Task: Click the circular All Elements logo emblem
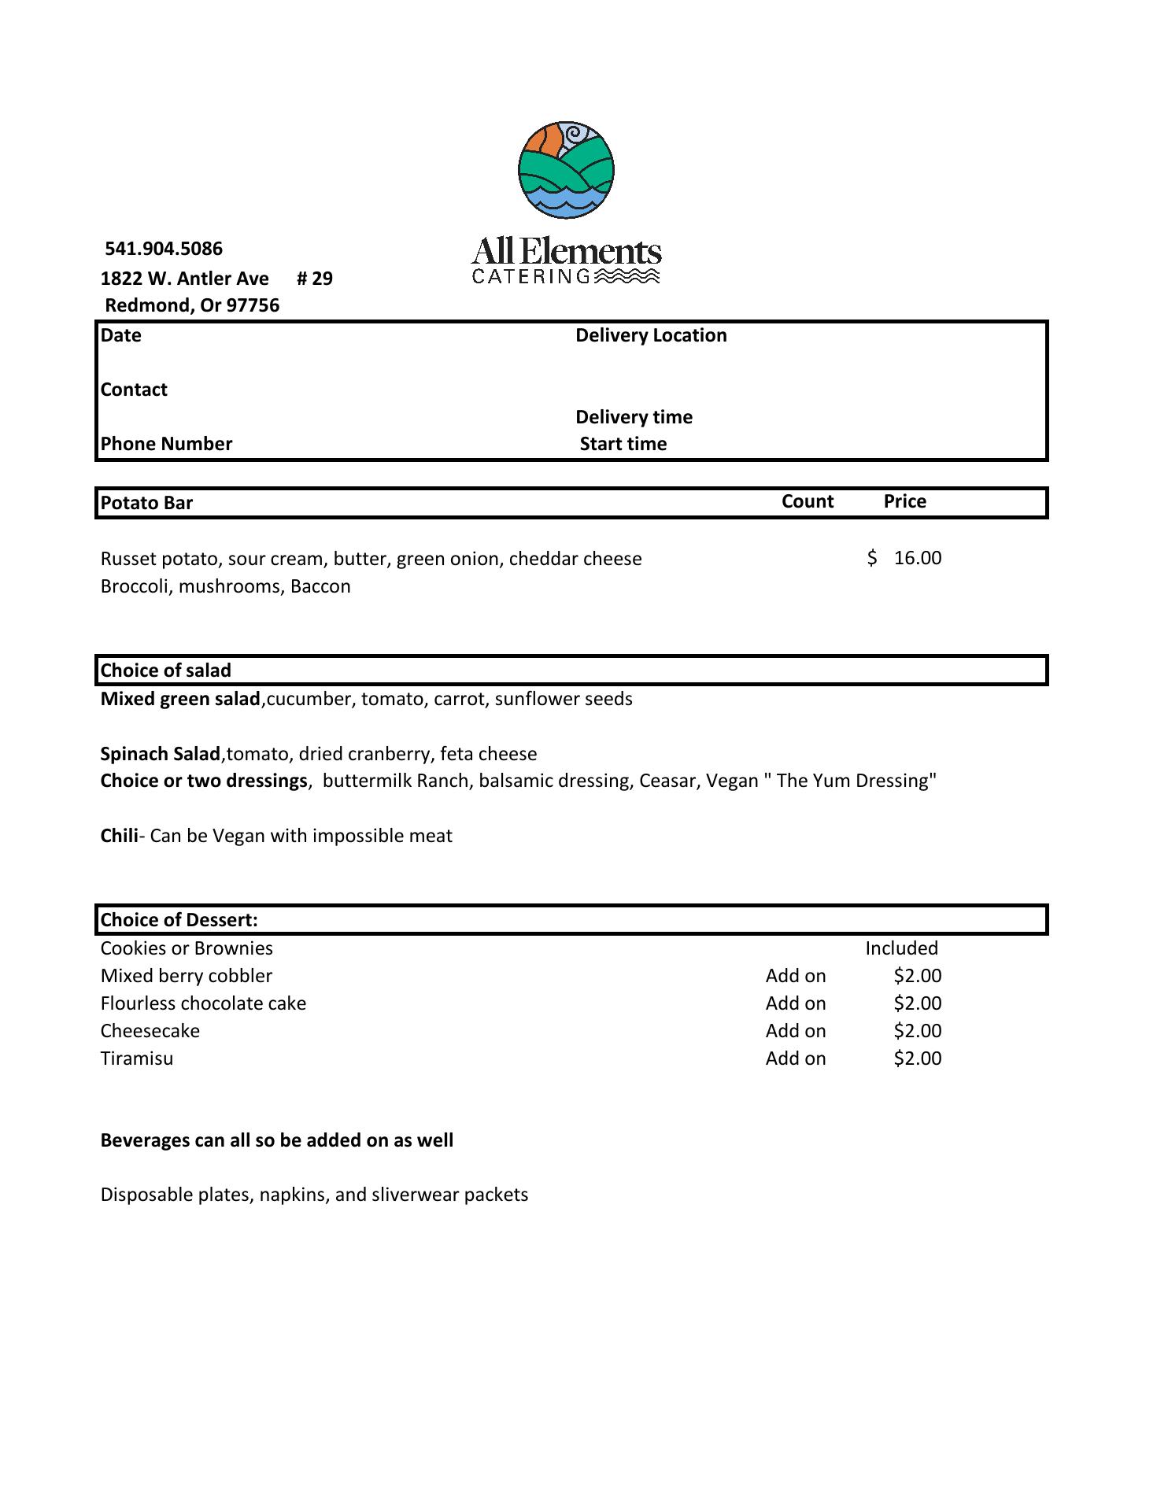[566, 169]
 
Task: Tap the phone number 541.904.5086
[164, 249]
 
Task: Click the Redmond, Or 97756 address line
[192, 305]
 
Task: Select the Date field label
[121, 335]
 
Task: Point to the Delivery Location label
[651, 335]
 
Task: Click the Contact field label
[134, 390]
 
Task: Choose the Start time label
[623, 444]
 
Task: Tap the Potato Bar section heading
[146, 503]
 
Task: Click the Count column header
[808, 501]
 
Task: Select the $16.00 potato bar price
[905, 558]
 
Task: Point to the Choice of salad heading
[166, 671]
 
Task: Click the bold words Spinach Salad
[160, 754]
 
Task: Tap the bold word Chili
[119, 836]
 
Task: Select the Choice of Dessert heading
[179, 920]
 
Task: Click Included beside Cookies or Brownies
[901, 948]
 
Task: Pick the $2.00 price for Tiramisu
[917, 1058]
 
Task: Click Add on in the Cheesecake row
[796, 1031]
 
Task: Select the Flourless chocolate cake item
[203, 1003]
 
